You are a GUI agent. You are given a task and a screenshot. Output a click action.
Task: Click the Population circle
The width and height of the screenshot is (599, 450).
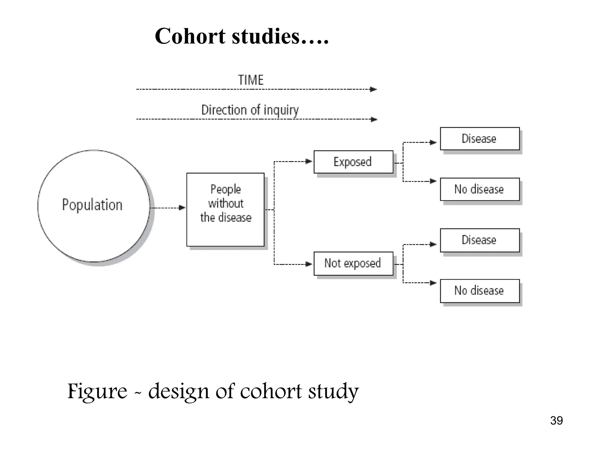[x=94, y=206]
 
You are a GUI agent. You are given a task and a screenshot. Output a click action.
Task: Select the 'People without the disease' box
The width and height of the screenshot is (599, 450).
[x=225, y=209]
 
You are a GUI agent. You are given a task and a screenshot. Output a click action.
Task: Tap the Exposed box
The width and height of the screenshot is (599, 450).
[x=353, y=162]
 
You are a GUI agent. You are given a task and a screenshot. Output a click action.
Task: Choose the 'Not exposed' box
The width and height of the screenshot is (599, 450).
[x=353, y=263]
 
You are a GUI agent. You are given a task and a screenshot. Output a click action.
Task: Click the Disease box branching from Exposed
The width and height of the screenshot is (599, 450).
[x=480, y=139]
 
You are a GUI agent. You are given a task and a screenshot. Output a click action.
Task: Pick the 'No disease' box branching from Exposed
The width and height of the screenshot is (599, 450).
[x=480, y=189]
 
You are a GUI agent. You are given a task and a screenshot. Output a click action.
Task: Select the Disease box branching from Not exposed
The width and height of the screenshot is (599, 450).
[x=480, y=240]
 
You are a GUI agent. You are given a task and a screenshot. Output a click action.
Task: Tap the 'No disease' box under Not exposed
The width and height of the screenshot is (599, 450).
[x=480, y=291]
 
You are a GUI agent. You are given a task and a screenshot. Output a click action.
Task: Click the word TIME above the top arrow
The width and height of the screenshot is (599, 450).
[x=251, y=80]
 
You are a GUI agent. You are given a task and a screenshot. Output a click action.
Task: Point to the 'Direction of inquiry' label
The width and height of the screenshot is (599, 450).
[x=250, y=110]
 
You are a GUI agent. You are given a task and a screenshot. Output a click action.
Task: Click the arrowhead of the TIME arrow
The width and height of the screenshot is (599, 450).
[x=373, y=89]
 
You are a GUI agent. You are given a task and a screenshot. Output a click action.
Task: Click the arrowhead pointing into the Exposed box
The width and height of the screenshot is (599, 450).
[x=309, y=161]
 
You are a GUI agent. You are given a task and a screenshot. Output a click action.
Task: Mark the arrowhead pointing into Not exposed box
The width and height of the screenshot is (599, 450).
[x=309, y=264]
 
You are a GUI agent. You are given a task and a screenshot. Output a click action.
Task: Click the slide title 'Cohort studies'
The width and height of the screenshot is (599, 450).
[x=242, y=36]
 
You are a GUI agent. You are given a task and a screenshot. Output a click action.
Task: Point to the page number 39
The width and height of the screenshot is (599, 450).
[x=556, y=421]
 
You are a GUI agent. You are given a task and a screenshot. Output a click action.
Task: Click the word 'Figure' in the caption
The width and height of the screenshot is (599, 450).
[x=97, y=391]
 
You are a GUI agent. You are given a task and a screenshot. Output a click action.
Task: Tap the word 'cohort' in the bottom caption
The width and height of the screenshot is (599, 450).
[x=271, y=391]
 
